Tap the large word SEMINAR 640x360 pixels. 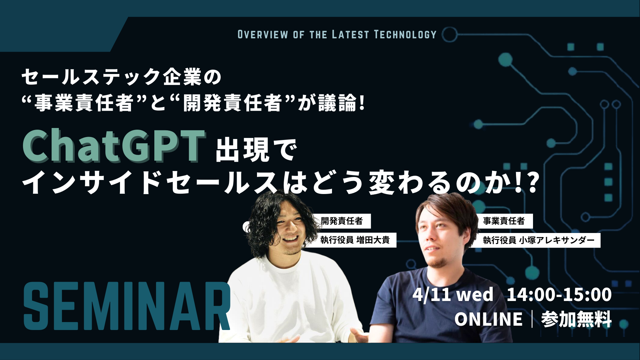point(127,306)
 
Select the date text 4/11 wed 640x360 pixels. point(453,295)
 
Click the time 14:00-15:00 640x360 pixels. point(559,295)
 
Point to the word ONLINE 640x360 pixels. point(488,319)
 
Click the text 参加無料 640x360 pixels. point(576,319)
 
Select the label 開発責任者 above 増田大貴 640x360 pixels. point(342,221)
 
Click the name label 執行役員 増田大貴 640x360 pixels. point(355,240)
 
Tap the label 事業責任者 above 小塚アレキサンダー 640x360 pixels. point(504,221)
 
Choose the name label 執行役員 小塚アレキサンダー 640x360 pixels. point(539,240)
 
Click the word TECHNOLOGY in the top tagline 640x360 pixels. point(405,35)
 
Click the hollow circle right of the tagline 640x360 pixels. point(450,35)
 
